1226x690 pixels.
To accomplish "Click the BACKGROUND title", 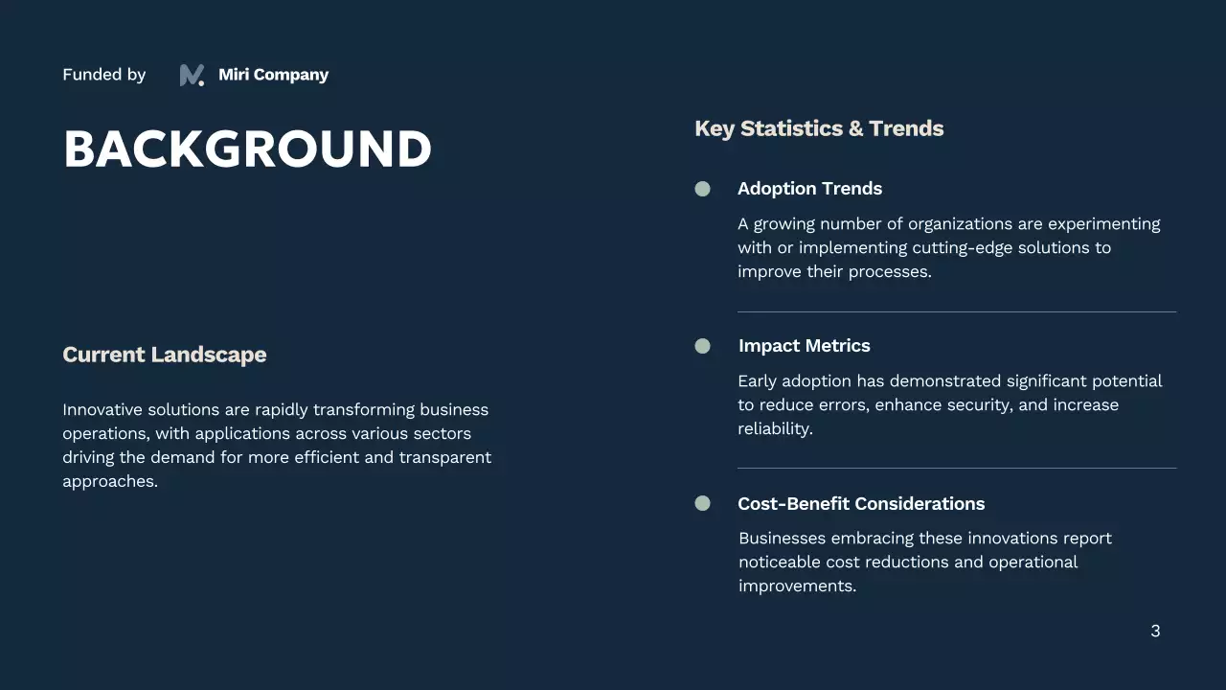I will [247, 149].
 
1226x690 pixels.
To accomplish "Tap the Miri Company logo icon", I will [192, 75].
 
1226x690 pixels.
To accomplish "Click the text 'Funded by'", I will [103, 75].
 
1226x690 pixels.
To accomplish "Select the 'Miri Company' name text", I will [273, 75].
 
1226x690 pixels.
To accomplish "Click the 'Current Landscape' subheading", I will [164, 355].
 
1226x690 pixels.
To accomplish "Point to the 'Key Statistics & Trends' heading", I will [819, 128].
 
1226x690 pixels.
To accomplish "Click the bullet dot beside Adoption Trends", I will [702, 189].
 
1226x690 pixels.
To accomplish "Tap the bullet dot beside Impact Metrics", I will [702, 346].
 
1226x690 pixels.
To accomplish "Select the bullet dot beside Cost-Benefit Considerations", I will [702, 503].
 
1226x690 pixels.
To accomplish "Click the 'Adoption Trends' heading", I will [809, 189].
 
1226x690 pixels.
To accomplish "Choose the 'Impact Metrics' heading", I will [804, 346].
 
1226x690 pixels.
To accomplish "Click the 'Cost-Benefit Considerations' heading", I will [860, 504].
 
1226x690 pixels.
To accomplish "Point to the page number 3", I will [1155, 631].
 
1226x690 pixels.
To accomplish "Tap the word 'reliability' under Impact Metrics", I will [774, 428].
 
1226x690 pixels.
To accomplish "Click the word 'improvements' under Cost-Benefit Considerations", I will [795, 586].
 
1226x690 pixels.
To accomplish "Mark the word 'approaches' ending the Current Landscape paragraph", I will [107, 481].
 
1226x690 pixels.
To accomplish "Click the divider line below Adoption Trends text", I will [956, 311].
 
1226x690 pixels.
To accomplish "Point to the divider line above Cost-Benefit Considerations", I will [956, 468].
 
